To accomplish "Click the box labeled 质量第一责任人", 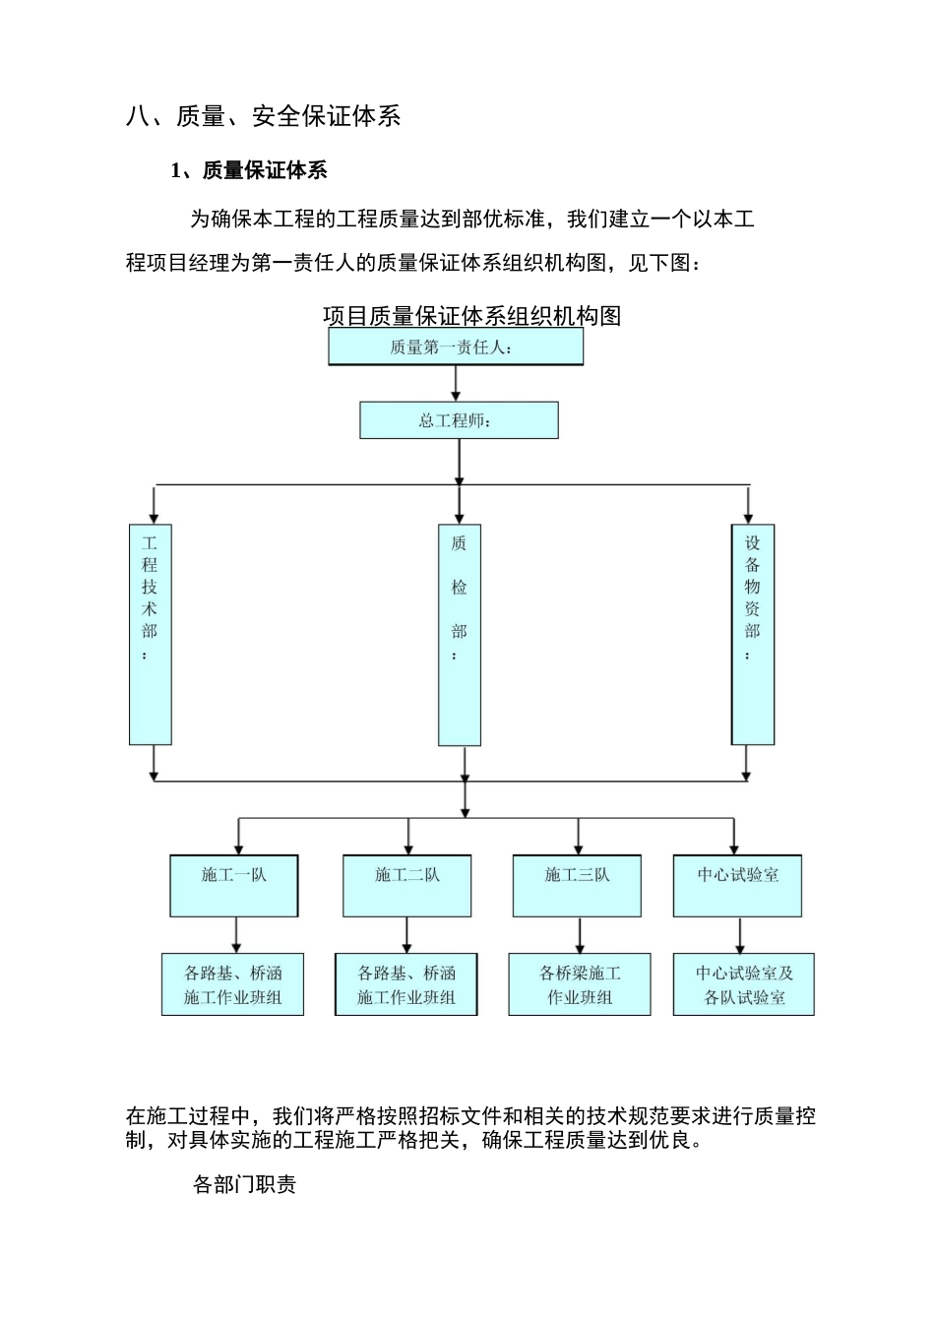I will pyautogui.click(x=456, y=346).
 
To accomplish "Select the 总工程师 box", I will pyautogui.click(x=459, y=420).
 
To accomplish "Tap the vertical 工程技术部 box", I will pyautogui.click(x=151, y=634).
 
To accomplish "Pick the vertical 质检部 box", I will pyautogui.click(x=460, y=634).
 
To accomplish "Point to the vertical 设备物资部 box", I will pyautogui.click(x=752, y=634).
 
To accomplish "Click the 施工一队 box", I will pyautogui.click(x=233, y=885).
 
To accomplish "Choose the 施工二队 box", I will pyautogui.click(x=406, y=885).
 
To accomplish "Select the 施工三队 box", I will pyautogui.click(x=577, y=885).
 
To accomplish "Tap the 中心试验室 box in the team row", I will pyautogui.click(x=737, y=885).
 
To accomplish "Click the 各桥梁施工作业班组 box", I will pyautogui.click(x=580, y=984).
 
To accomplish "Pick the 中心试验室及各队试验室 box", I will pyautogui.click(x=744, y=984).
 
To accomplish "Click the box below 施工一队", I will pyautogui.click(x=233, y=984).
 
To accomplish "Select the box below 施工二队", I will pyautogui.click(x=406, y=984).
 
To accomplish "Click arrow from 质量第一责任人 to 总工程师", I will pyautogui.click(x=456, y=383).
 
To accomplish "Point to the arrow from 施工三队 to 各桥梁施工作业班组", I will pyautogui.click(x=580, y=934).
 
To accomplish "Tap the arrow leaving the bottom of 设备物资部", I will pyautogui.click(x=746, y=762).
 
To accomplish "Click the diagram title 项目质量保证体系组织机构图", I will pyautogui.click(x=471, y=316).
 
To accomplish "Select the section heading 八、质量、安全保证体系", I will pyautogui.click(x=263, y=116).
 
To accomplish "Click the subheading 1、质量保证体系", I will pyautogui.click(x=249, y=170).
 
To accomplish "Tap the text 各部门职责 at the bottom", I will pyautogui.click(x=244, y=1184).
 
